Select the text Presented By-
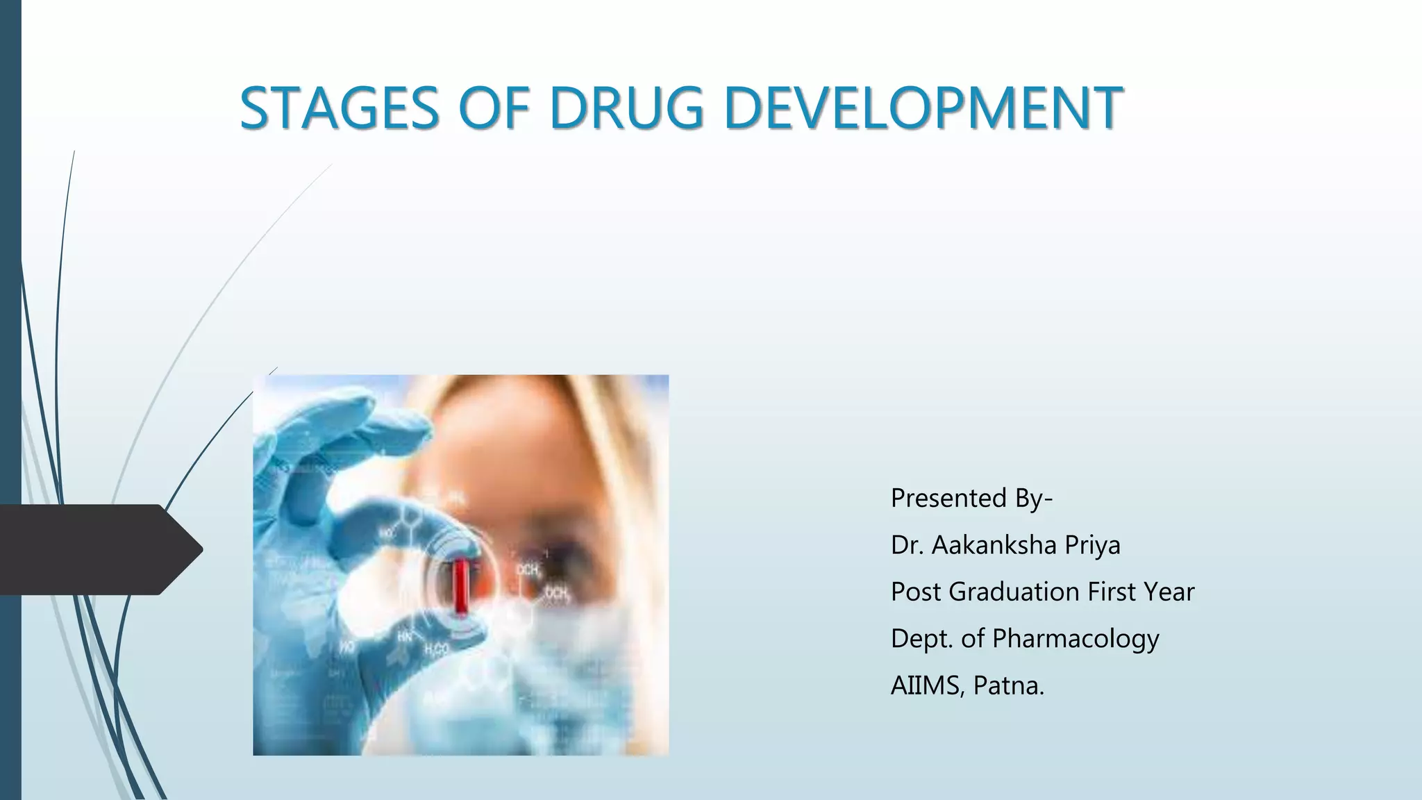[971, 499]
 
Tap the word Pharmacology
[1076, 639]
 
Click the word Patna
[1008, 685]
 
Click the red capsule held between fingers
[460, 587]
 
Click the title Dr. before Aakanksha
[907, 545]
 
